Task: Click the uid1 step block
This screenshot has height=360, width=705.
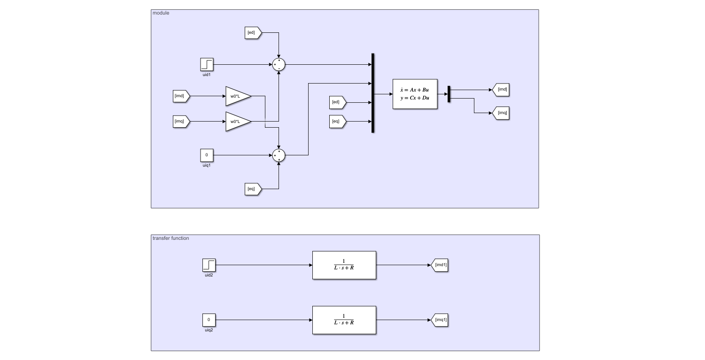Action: tap(207, 64)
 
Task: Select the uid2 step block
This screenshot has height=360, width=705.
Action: tap(209, 265)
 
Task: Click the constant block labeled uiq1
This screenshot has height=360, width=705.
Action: tap(207, 155)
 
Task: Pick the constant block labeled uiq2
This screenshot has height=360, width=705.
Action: tap(209, 320)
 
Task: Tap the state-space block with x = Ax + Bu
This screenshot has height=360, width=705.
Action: tap(415, 94)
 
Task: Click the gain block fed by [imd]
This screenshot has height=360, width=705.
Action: tap(238, 96)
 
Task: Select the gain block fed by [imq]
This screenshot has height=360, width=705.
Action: tap(238, 122)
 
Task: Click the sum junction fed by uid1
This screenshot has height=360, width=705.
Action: tap(279, 64)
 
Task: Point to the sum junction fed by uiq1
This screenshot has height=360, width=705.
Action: tap(279, 155)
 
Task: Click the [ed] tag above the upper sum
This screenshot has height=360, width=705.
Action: tap(253, 33)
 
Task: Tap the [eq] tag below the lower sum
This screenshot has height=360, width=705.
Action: tap(253, 189)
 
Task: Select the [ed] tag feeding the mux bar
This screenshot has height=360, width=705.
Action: tap(338, 102)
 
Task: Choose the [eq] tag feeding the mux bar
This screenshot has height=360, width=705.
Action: tap(338, 122)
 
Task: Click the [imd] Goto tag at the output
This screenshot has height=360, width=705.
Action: tap(501, 90)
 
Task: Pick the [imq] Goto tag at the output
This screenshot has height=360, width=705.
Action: tap(501, 113)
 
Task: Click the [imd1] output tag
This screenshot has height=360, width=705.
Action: tap(439, 265)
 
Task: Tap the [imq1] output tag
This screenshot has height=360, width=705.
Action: tap(439, 320)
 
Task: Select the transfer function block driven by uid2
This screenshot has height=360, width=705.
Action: tap(344, 265)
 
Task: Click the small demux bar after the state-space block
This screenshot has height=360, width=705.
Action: tap(449, 94)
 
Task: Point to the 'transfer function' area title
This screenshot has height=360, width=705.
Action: tap(171, 238)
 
